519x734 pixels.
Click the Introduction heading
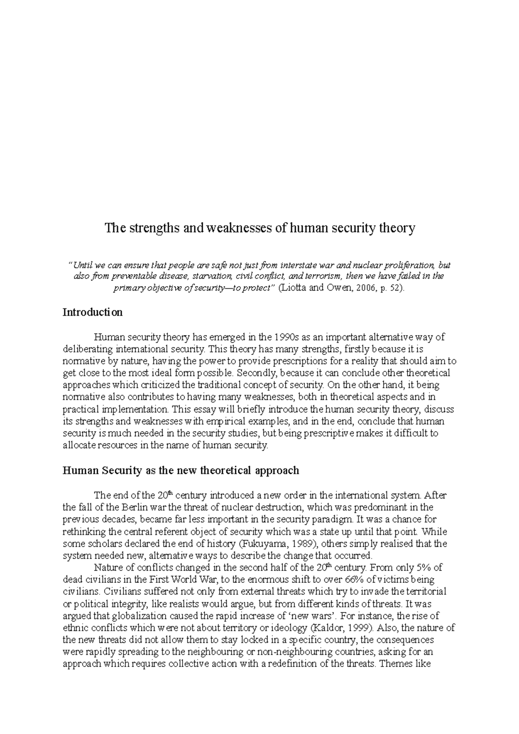pyautogui.click(x=93, y=312)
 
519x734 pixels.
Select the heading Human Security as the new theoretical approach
pyautogui.click(x=181, y=470)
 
